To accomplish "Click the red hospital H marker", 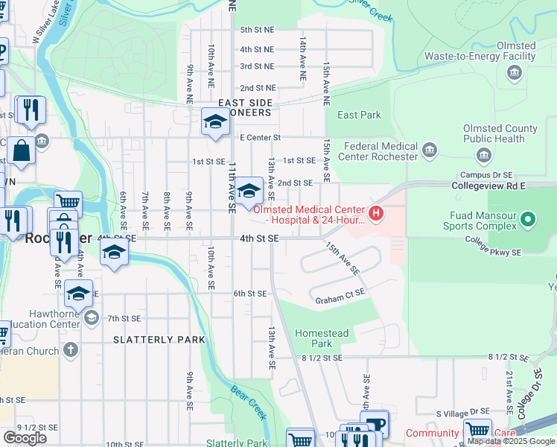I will (376, 215).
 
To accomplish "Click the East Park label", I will (359, 115).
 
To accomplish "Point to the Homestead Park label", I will (321, 338).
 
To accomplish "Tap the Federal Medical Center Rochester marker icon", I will (429, 152).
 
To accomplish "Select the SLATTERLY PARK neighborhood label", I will (159, 340).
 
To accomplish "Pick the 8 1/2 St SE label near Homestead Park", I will (322, 358).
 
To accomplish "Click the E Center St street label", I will (260, 138).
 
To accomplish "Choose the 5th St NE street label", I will (258, 29).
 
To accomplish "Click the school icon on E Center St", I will (215, 121).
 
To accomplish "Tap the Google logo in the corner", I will (25, 438).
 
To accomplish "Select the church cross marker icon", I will (70, 349).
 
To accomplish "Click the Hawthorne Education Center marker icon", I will (91, 319).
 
